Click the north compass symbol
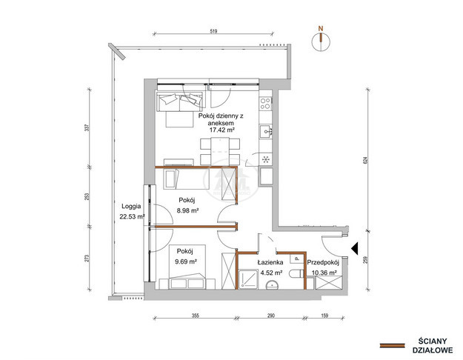click(x=321, y=41)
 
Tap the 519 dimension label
click(x=213, y=31)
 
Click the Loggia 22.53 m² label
click(x=132, y=211)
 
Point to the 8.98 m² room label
click(x=187, y=210)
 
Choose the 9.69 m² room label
click(x=186, y=261)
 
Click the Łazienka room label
click(x=270, y=262)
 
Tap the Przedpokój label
click(x=323, y=262)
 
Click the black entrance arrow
click(x=355, y=248)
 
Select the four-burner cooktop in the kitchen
click(x=265, y=104)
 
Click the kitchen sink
click(x=265, y=131)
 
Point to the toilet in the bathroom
click(x=296, y=273)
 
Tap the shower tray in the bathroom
click(x=247, y=279)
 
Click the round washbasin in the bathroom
click(x=272, y=284)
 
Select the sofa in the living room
click(x=180, y=101)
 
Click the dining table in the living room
click(x=220, y=151)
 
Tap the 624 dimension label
click(x=367, y=160)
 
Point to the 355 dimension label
click(x=195, y=316)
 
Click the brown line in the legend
click(x=392, y=345)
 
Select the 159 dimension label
click(x=324, y=316)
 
